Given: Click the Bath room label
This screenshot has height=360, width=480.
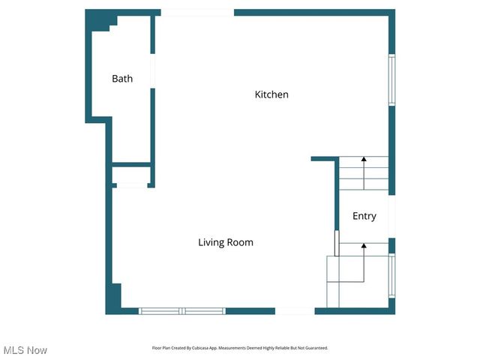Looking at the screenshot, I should [x=122, y=79].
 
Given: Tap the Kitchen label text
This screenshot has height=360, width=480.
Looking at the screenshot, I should [x=271, y=94].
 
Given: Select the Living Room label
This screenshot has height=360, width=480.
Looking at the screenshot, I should [x=226, y=242].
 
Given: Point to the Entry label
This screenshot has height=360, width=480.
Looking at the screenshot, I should [x=364, y=216].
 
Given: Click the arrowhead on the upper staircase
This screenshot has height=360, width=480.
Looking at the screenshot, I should [x=364, y=159].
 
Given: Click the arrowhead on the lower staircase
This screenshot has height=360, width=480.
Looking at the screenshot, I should [x=364, y=245].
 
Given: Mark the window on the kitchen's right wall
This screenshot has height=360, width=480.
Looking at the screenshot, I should [x=391, y=79].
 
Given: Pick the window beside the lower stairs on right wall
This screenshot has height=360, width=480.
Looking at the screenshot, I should [x=391, y=275].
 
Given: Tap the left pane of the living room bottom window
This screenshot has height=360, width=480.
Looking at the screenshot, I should [x=160, y=310].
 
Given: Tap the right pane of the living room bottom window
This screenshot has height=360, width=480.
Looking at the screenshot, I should [x=204, y=310].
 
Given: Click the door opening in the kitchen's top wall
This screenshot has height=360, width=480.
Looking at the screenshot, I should [x=197, y=13].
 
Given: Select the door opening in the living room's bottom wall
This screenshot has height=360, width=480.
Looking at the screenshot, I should [x=295, y=310].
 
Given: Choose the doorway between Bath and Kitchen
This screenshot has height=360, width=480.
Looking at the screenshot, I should [x=152, y=71].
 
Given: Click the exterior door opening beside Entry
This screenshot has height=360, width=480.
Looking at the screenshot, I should [x=391, y=216].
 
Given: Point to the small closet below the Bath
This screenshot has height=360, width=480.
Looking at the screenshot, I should [x=131, y=175].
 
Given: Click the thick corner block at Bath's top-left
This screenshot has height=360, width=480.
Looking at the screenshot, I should [x=97, y=21].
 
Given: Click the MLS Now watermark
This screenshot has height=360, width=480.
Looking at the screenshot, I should [x=25, y=350].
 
